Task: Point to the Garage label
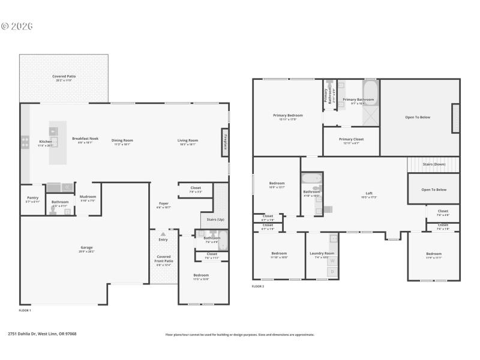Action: point(87,247)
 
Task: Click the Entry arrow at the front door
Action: point(163,234)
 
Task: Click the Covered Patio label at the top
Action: point(64,76)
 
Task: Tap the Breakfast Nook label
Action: point(85,140)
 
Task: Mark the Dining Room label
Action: point(122,140)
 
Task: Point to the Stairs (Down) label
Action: point(433,164)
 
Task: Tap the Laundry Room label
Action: point(322,253)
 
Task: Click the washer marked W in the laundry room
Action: point(332,261)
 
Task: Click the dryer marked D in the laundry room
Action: point(332,272)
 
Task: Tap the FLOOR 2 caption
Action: point(257,286)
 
